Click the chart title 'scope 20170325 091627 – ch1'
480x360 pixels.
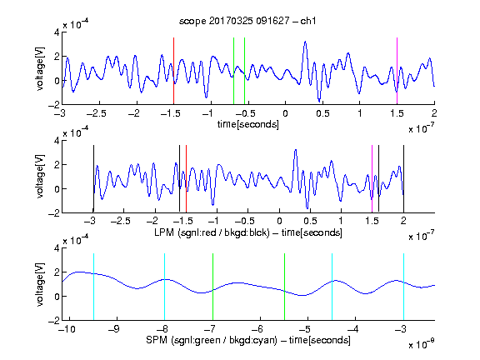pos(247,21)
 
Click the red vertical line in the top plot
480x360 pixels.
pos(173,71)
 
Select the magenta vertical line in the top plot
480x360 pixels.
pos(397,71)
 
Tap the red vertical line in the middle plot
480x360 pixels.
pos(186,178)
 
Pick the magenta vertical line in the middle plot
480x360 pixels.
pos(372,178)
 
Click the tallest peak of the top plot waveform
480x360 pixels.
pos(305,42)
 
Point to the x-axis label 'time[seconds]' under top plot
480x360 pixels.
pos(248,124)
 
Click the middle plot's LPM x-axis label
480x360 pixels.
pos(248,232)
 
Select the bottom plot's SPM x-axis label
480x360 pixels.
pos(248,340)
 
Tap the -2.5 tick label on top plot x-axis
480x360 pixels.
pos(96,114)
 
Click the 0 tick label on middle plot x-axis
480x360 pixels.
pos(279,221)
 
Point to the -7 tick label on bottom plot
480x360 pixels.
pos(210,329)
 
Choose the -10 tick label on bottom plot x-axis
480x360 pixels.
pos(67,329)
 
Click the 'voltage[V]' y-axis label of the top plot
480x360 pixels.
pos(39,68)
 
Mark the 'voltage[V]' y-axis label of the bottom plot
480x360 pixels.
pos(39,284)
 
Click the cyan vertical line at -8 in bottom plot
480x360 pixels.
pos(164,287)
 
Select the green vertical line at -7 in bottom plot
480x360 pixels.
pos(212,287)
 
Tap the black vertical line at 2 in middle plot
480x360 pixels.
pos(403,178)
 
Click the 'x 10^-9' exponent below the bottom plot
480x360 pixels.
pos(422,343)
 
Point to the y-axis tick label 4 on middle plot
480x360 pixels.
pos(57,141)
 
